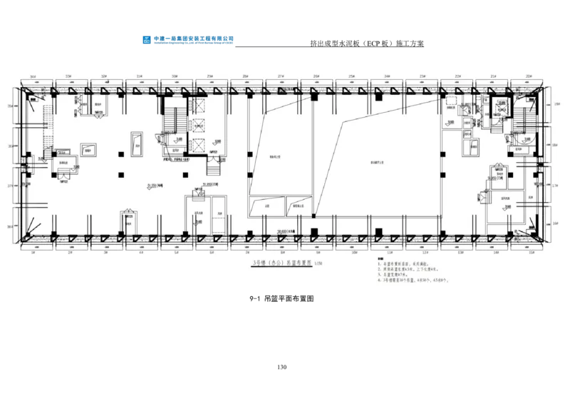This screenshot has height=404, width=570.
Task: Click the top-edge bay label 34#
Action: point(33,75)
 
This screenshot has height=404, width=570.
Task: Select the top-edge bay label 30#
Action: point(175,75)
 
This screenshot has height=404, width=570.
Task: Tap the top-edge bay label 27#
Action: point(281,75)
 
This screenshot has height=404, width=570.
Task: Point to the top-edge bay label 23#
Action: point(423,75)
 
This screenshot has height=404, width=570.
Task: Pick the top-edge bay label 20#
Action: point(529,75)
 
